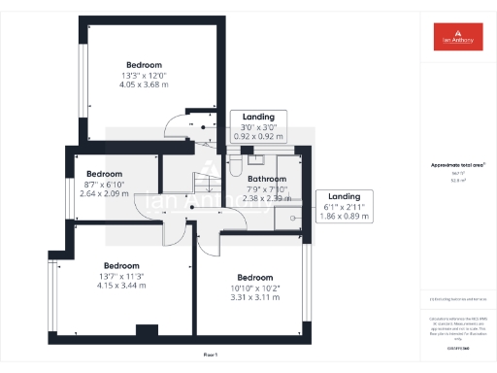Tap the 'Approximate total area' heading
click(x=456, y=165)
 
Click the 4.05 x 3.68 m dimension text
click(x=145, y=85)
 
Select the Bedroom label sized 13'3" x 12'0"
click(x=145, y=64)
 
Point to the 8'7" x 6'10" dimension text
click(x=104, y=185)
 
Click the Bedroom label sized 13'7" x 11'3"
click(x=122, y=265)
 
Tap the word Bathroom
click(x=266, y=180)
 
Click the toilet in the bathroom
click(x=237, y=166)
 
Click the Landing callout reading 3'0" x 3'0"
click(x=258, y=126)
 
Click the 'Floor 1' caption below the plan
click(x=211, y=356)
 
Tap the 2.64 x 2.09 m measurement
click(x=104, y=193)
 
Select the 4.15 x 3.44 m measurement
click(x=122, y=286)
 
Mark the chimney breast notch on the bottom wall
click(x=146, y=330)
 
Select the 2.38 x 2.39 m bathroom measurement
click(x=266, y=197)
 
